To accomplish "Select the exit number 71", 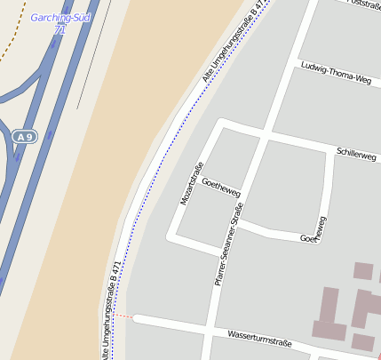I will pos(60,29).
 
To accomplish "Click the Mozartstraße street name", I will pos(192,185).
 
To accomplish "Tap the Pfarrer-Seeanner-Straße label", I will pos(228,244).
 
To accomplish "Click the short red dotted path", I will pos(123,316).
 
